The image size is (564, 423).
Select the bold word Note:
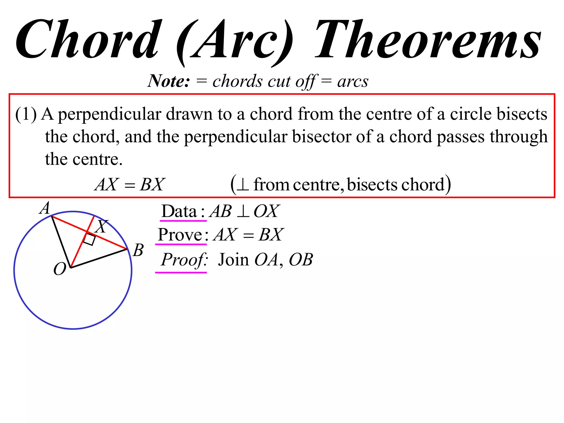(x=169, y=81)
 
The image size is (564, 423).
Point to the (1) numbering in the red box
(x=26, y=114)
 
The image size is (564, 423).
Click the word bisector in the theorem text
(x=321, y=137)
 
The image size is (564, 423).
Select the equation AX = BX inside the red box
(x=130, y=184)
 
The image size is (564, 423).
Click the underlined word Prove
(x=180, y=235)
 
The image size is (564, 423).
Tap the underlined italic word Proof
(x=184, y=260)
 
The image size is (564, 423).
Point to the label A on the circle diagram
(x=45, y=208)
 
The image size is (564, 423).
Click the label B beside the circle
(x=138, y=250)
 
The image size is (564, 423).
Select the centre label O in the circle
(x=59, y=269)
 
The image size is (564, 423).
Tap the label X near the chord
(x=101, y=226)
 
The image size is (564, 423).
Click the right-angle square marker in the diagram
(x=90, y=239)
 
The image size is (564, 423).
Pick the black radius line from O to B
(x=99, y=258)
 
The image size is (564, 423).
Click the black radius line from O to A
(x=61, y=242)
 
